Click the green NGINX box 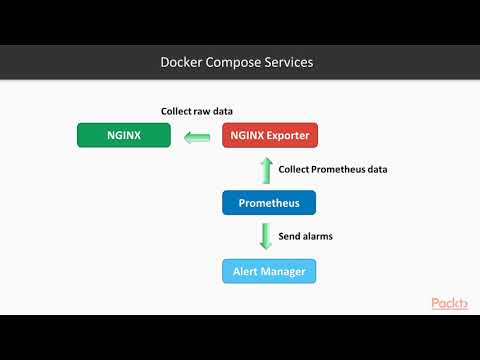[123, 135]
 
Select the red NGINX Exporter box [268, 135]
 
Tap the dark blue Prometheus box [268, 203]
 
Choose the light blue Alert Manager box [268, 271]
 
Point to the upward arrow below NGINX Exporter [266, 169]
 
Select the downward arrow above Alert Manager [266, 237]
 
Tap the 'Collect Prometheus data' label [333, 169]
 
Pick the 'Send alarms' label [306, 237]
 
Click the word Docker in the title [181, 62]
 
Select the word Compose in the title [232, 62]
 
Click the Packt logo [449, 303]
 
